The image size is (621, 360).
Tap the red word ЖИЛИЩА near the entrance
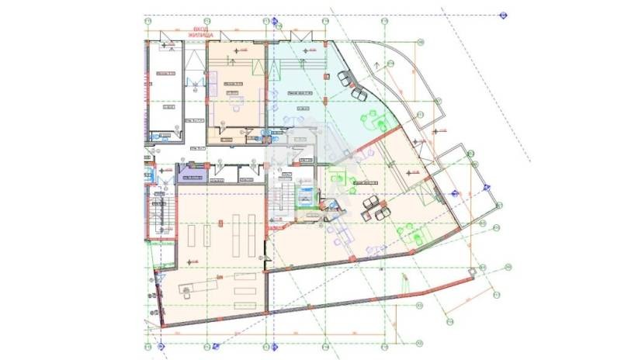(x=199, y=35)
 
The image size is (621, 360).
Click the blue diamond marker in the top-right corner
(x=503, y=16)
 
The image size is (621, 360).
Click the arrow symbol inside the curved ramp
(x=378, y=66)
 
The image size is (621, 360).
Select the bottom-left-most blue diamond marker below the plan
(x=161, y=345)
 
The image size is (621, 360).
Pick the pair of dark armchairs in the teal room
(x=352, y=84)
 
